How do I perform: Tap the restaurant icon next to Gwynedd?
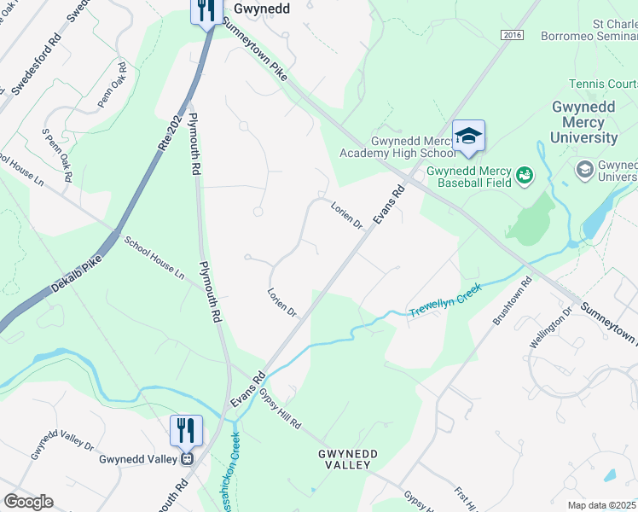pos(205,11)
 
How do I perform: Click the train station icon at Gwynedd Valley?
pos(185,458)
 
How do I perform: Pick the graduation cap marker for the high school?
pos(468,137)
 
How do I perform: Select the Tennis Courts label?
pos(604,84)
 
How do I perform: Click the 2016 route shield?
pos(511,35)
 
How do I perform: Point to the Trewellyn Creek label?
pos(445,299)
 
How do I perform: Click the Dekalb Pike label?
pos(74,275)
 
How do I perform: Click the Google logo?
pos(27,501)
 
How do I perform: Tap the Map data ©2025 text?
pos(602,505)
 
